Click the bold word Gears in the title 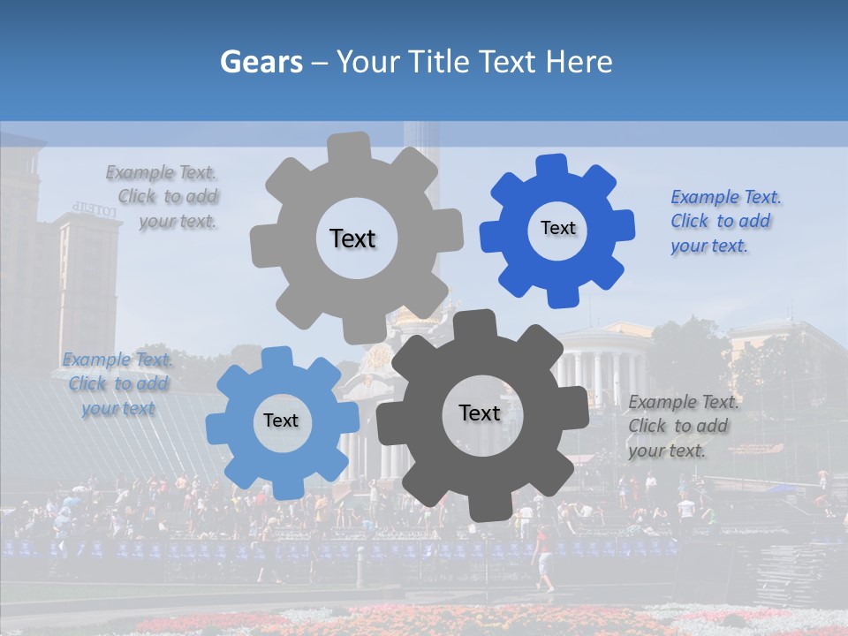[261, 62]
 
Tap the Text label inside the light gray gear [352, 238]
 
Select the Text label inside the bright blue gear [557, 228]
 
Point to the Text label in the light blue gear [281, 420]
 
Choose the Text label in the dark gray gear [480, 413]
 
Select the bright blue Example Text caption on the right [724, 221]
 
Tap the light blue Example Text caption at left [117, 383]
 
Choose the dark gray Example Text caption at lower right [683, 426]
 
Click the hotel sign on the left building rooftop [95, 208]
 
